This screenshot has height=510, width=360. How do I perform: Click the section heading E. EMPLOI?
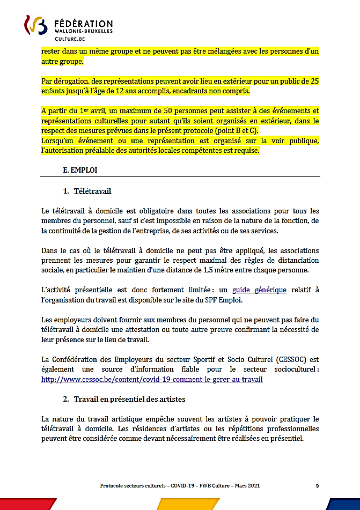80,169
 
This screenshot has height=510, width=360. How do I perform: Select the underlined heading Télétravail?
92,191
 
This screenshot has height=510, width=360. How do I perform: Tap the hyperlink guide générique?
259,290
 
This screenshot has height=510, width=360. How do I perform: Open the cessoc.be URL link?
152,379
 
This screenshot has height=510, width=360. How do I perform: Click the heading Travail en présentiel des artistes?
129,399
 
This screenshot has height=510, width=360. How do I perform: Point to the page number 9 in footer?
317,486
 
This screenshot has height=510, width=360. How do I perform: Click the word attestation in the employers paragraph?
178,330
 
